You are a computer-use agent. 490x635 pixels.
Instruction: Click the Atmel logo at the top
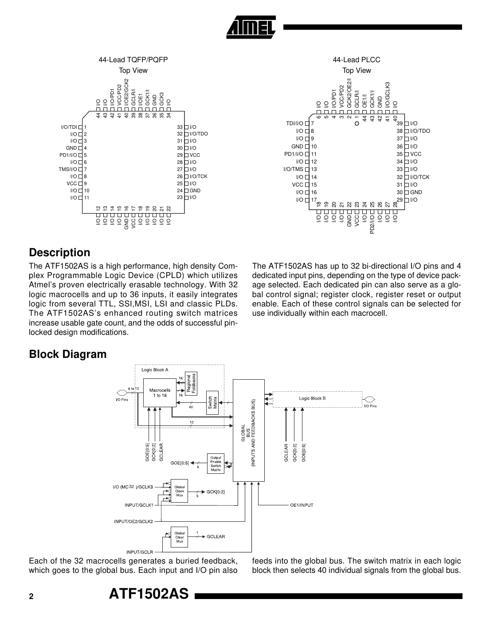click(x=251, y=28)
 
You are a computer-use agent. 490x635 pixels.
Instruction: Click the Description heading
click(x=59, y=253)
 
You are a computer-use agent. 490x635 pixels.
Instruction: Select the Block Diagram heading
click(x=68, y=354)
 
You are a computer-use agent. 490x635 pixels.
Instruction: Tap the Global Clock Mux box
click(x=180, y=491)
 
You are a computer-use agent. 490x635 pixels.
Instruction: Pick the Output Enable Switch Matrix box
click(x=216, y=464)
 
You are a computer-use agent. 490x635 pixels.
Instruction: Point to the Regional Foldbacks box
click(x=191, y=382)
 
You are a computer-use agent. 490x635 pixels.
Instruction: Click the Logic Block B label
click(x=312, y=398)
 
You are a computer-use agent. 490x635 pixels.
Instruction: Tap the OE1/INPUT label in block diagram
click(x=302, y=505)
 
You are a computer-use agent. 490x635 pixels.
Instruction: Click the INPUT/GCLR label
click(x=140, y=552)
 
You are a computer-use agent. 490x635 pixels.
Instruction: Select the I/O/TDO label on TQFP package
click(x=199, y=134)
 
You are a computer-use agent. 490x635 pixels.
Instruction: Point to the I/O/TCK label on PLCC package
click(x=420, y=177)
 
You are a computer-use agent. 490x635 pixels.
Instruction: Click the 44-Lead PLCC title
click(x=357, y=60)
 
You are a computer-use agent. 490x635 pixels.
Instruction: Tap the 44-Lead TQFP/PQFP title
click(x=133, y=60)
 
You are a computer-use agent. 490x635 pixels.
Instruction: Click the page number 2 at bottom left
click(x=31, y=597)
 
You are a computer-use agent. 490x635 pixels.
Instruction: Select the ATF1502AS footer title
click(x=149, y=594)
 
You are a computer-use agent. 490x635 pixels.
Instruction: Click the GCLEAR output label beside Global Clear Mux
click(x=216, y=536)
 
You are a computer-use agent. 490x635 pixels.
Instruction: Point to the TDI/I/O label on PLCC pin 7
click(x=295, y=123)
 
